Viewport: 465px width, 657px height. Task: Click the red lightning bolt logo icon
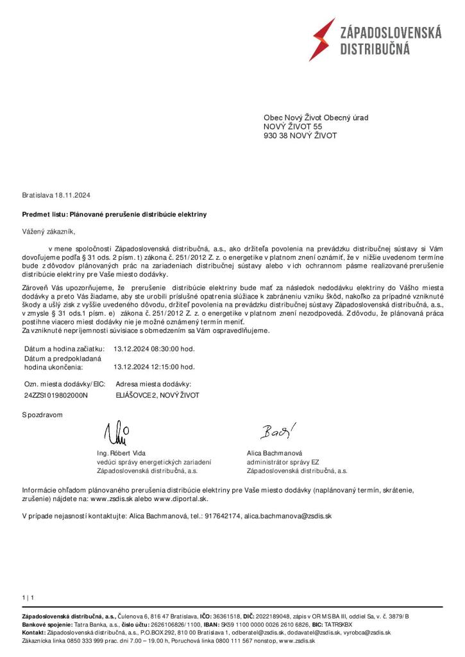(321, 40)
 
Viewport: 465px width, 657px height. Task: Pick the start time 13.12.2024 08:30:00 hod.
(154, 349)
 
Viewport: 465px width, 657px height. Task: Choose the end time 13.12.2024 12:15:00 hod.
(154, 368)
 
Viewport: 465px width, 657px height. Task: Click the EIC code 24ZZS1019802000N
(55, 396)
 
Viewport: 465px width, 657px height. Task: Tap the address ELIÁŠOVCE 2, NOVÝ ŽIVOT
(157, 396)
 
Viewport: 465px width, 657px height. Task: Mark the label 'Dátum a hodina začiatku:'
(63, 349)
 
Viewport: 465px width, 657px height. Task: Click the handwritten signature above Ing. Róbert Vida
(117, 434)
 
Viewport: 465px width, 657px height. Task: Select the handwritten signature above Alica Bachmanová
(278, 432)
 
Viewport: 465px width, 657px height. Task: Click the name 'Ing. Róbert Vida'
(121, 453)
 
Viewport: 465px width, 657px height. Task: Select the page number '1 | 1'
(28, 598)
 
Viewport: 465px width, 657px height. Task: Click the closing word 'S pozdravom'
(42, 414)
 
